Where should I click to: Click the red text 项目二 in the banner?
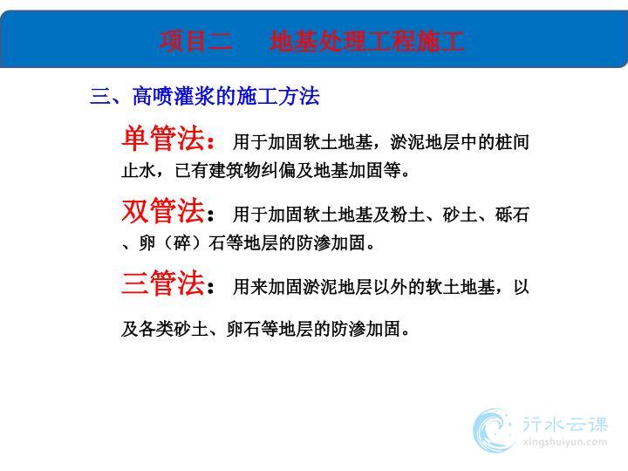196,41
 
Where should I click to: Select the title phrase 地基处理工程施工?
367,41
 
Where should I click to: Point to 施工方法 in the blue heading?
278,96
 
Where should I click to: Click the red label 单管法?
163,138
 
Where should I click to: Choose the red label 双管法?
163,210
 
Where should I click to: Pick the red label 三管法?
163,283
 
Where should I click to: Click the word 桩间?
512,142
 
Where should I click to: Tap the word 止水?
139,171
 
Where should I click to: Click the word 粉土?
407,215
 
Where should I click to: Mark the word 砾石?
512,215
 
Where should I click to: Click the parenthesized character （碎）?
182,243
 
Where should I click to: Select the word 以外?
391,287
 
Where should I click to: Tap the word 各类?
156,329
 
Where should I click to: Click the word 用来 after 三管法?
250,287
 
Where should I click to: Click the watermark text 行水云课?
565,425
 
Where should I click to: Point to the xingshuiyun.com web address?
565,442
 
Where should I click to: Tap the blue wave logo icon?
494,431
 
